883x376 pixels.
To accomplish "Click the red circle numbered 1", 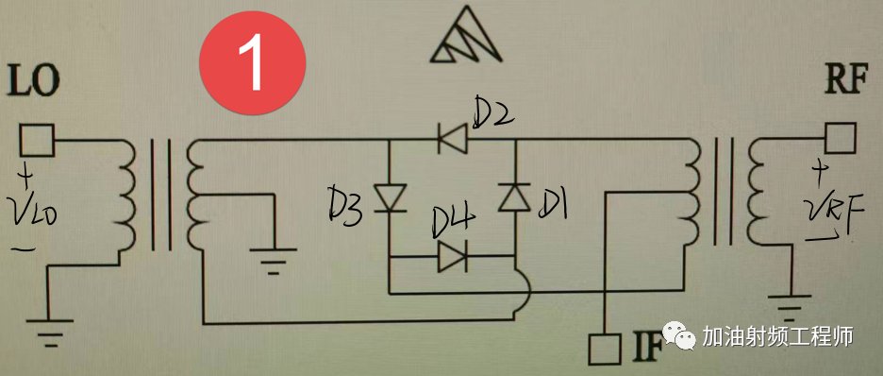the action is [x=253, y=63].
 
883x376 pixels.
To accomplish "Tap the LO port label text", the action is [x=33, y=82].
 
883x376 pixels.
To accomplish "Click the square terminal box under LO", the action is [x=37, y=140].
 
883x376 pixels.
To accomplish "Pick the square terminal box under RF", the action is [x=841, y=138].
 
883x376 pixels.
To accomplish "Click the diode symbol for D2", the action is [x=452, y=139].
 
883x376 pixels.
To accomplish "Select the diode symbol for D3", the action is [x=391, y=197].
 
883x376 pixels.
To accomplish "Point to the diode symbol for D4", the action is [x=452, y=258].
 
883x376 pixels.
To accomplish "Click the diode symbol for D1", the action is [x=514, y=197].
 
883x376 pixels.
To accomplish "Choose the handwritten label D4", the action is [x=454, y=224].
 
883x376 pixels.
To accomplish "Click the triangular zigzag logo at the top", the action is [x=466, y=36].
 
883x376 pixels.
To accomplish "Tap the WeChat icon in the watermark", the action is [x=680, y=336].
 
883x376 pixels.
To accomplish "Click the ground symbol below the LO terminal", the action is [x=49, y=333].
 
